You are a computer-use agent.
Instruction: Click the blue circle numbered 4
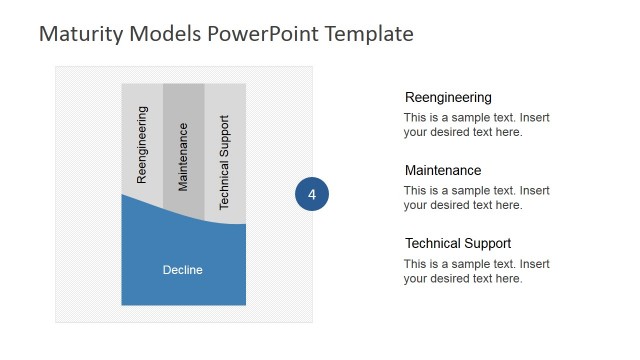pyautogui.click(x=312, y=195)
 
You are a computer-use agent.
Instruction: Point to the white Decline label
pyautogui.click(x=183, y=270)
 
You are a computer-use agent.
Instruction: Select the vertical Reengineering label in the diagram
pyautogui.click(x=142, y=144)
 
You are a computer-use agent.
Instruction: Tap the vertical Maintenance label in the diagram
pyautogui.click(x=183, y=156)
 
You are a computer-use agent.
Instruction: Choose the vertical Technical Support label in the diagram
pyautogui.click(x=224, y=162)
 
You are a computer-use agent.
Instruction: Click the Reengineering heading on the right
pyautogui.click(x=448, y=98)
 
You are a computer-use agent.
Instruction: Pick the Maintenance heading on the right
pyautogui.click(x=443, y=171)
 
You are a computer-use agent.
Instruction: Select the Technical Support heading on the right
pyautogui.click(x=458, y=244)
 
